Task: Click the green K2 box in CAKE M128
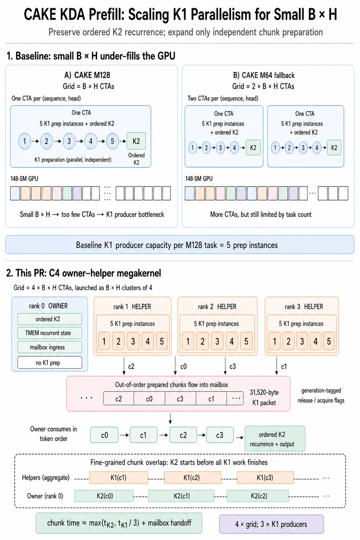(x=136, y=141)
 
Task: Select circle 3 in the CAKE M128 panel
(x=69, y=141)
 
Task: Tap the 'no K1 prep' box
(x=50, y=362)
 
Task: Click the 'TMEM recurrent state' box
(x=50, y=333)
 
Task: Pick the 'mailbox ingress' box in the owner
(x=50, y=347)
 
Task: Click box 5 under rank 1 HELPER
(x=162, y=341)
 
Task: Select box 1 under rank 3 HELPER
(x=275, y=341)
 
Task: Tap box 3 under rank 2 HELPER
(x=217, y=341)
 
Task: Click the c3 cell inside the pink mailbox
(x=180, y=399)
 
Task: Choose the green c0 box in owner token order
(x=104, y=435)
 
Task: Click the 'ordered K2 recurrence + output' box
(x=275, y=439)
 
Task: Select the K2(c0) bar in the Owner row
(x=104, y=496)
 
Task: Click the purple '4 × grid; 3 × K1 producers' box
(x=271, y=524)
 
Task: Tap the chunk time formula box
(x=119, y=523)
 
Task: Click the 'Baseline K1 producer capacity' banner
(x=180, y=245)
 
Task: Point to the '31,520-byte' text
(x=264, y=393)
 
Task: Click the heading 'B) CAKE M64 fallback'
(x=264, y=75)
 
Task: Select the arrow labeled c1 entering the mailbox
(x=277, y=366)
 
